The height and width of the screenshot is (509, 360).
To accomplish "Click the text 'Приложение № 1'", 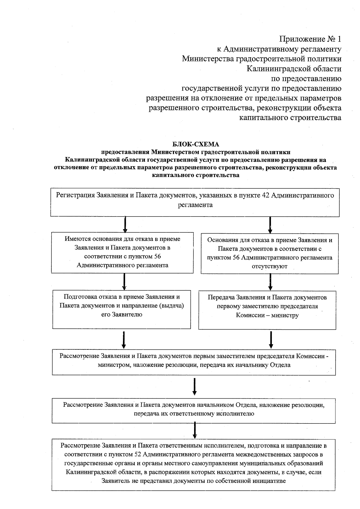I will [310, 39].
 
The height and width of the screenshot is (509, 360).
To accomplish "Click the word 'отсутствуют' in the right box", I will [269, 266].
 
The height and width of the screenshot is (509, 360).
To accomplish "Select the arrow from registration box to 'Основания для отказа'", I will [270, 225].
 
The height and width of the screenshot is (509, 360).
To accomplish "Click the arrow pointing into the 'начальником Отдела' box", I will [194, 387].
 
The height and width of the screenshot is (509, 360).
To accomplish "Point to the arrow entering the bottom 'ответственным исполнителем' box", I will [195, 430].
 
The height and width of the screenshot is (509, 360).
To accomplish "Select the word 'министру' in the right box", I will [285, 315].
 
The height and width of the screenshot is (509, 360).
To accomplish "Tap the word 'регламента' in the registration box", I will [195, 205].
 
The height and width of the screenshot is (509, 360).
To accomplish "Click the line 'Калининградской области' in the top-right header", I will [294, 69].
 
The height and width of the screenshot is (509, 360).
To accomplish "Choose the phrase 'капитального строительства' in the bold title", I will [196, 175].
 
